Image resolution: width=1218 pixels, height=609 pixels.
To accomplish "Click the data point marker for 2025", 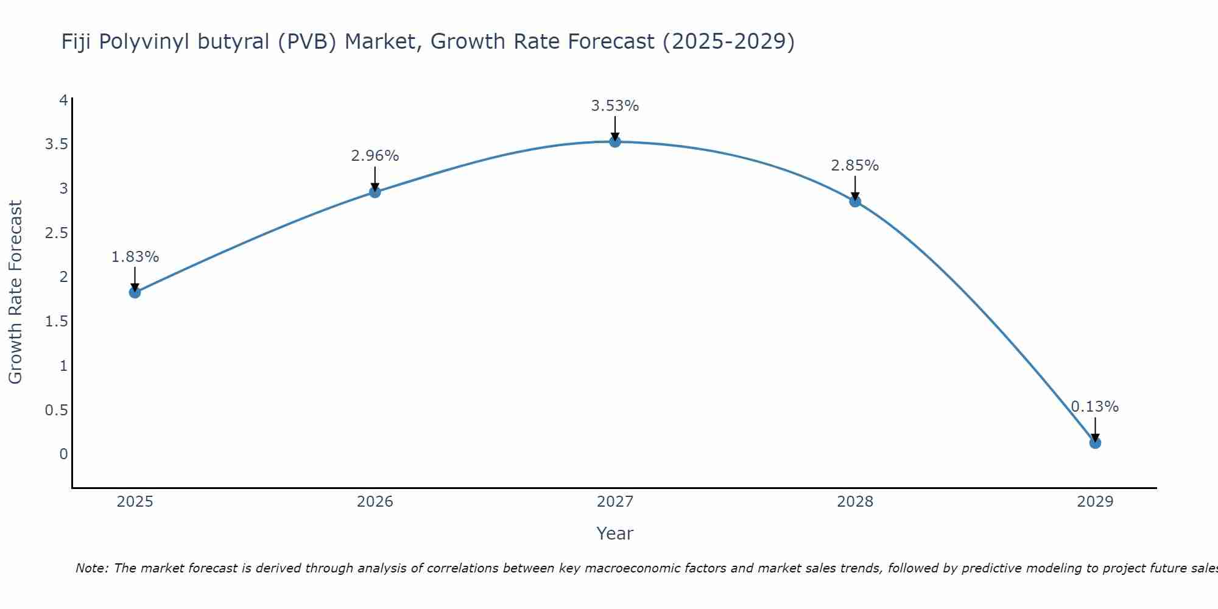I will click(x=135, y=292).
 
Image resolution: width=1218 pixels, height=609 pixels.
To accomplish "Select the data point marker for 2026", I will click(x=375, y=192).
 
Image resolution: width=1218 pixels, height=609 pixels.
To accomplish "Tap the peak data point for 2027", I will click(x=615, y=142).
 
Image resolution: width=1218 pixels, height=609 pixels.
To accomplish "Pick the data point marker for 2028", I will click(x=855, y=202).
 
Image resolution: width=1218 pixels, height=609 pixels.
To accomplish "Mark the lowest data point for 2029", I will click(x=1095, y=443).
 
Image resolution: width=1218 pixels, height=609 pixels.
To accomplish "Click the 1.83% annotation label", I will click(x=135, y=257).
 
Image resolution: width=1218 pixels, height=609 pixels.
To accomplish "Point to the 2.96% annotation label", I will click(x=375, y=156).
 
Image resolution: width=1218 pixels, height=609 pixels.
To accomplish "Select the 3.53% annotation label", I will click(x=615, y=106).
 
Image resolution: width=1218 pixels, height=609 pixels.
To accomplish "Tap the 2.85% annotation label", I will click(x=855, y=166).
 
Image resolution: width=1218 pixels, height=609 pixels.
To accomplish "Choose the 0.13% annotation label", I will click(x=1095, y=407).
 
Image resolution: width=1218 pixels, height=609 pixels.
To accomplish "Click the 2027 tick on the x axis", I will click(x=615, y=502).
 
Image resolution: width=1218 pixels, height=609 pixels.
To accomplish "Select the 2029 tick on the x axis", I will click(x=1095, y=502).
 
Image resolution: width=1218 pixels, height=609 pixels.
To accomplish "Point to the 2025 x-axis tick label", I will click(x=135, y=502).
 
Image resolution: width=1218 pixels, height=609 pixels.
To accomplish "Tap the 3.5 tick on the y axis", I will click(x=56, y=144).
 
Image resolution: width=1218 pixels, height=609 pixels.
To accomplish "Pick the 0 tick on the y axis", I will click(x=63, y=454).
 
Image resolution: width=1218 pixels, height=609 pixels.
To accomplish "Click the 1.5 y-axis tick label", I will click(x=56, y=322).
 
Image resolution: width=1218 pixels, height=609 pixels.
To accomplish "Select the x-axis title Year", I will click(x=615, y=533).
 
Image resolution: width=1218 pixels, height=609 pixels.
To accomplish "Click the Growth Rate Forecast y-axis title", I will click(x=15, y=292).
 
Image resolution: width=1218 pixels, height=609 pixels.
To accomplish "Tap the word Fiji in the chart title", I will click(x=77, y=42).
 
